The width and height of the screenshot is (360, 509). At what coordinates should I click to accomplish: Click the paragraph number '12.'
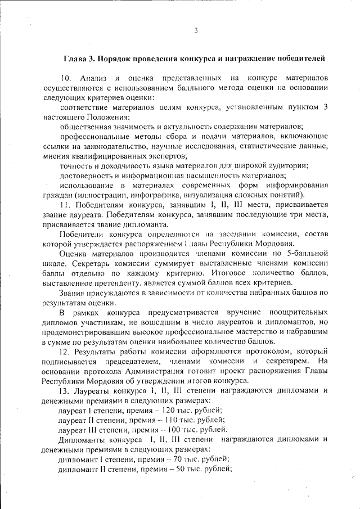(x=66, y=352)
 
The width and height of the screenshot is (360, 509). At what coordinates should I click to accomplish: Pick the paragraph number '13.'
(x=66, y=391)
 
